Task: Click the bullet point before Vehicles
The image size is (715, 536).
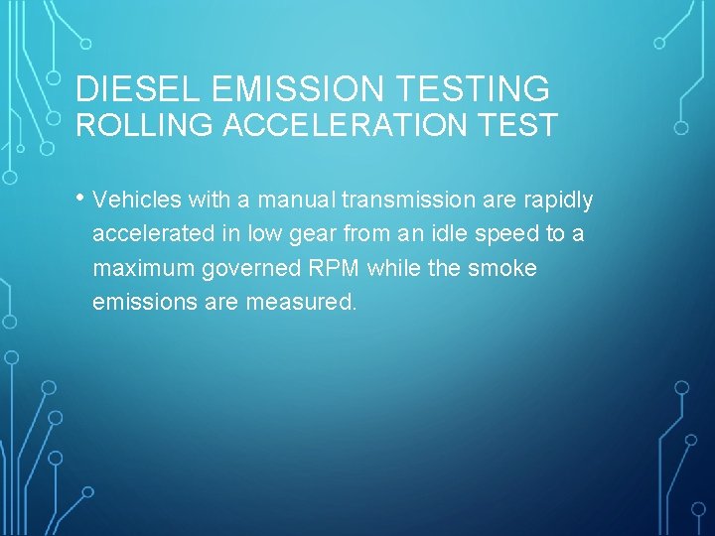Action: (78, 199)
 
